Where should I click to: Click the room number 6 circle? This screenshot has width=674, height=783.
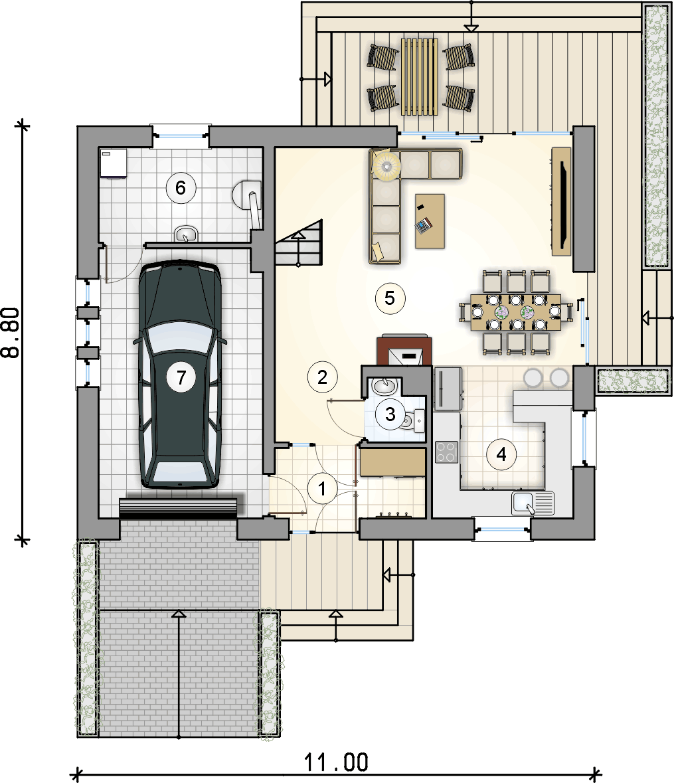click(x=180, y=188)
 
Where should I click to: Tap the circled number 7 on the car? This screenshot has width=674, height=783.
click(x=181, y=377)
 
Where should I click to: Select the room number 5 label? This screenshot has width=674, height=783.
click(x=390, y=298)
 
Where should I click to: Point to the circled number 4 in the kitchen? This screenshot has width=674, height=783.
click(x=501, y=454)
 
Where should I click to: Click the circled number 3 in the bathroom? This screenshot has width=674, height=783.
click(x=390, y=414)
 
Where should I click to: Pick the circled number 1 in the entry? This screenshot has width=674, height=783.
click(x=322, y=488)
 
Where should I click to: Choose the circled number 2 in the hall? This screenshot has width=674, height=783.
click(x=322, y=377)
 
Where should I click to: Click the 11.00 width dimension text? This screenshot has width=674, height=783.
click(x=336, y=762)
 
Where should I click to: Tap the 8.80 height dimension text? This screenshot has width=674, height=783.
click(x=11, y=332)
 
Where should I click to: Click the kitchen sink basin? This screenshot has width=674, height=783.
click(x=522, y=502)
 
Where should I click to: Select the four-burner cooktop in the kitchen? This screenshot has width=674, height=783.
click(x=446, y=452)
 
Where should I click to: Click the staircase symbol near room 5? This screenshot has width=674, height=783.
click(x=299, y=243)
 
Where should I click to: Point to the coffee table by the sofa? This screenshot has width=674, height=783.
click(x=430, y=221)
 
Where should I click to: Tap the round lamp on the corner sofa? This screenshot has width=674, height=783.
click(x=387, y=164)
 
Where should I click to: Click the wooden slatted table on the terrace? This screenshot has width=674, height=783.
click(x=420, y=76)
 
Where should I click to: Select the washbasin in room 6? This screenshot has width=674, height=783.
click(x=186, y=234)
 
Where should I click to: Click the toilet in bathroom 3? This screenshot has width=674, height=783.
click(x=412, y=422)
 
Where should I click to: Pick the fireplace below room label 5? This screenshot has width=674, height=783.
click(x=404, y=349)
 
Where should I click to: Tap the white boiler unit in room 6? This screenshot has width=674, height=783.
click(x=114, y=163)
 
